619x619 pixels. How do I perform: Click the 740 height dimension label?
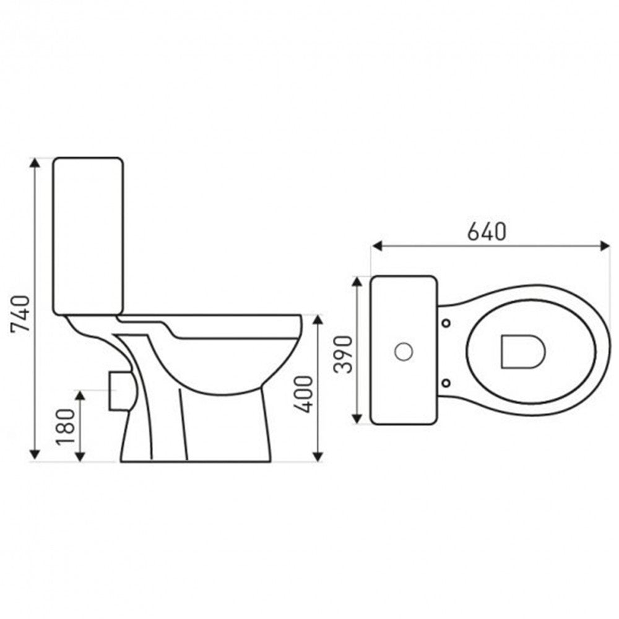(20, 314)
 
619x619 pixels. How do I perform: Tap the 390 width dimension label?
(344, 354)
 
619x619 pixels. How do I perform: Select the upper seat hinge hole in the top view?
(446, 322)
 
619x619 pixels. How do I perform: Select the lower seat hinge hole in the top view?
(446, 381)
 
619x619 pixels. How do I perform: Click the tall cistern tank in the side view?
(88, 235)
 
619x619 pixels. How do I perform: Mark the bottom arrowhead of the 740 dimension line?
(35, 456)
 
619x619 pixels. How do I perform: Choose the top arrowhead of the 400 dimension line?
(317, 320)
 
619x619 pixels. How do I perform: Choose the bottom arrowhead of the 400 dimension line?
(317, 456)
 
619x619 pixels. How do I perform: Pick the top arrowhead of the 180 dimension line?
(80, 396)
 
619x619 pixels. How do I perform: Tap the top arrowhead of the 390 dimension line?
(357, 282)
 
